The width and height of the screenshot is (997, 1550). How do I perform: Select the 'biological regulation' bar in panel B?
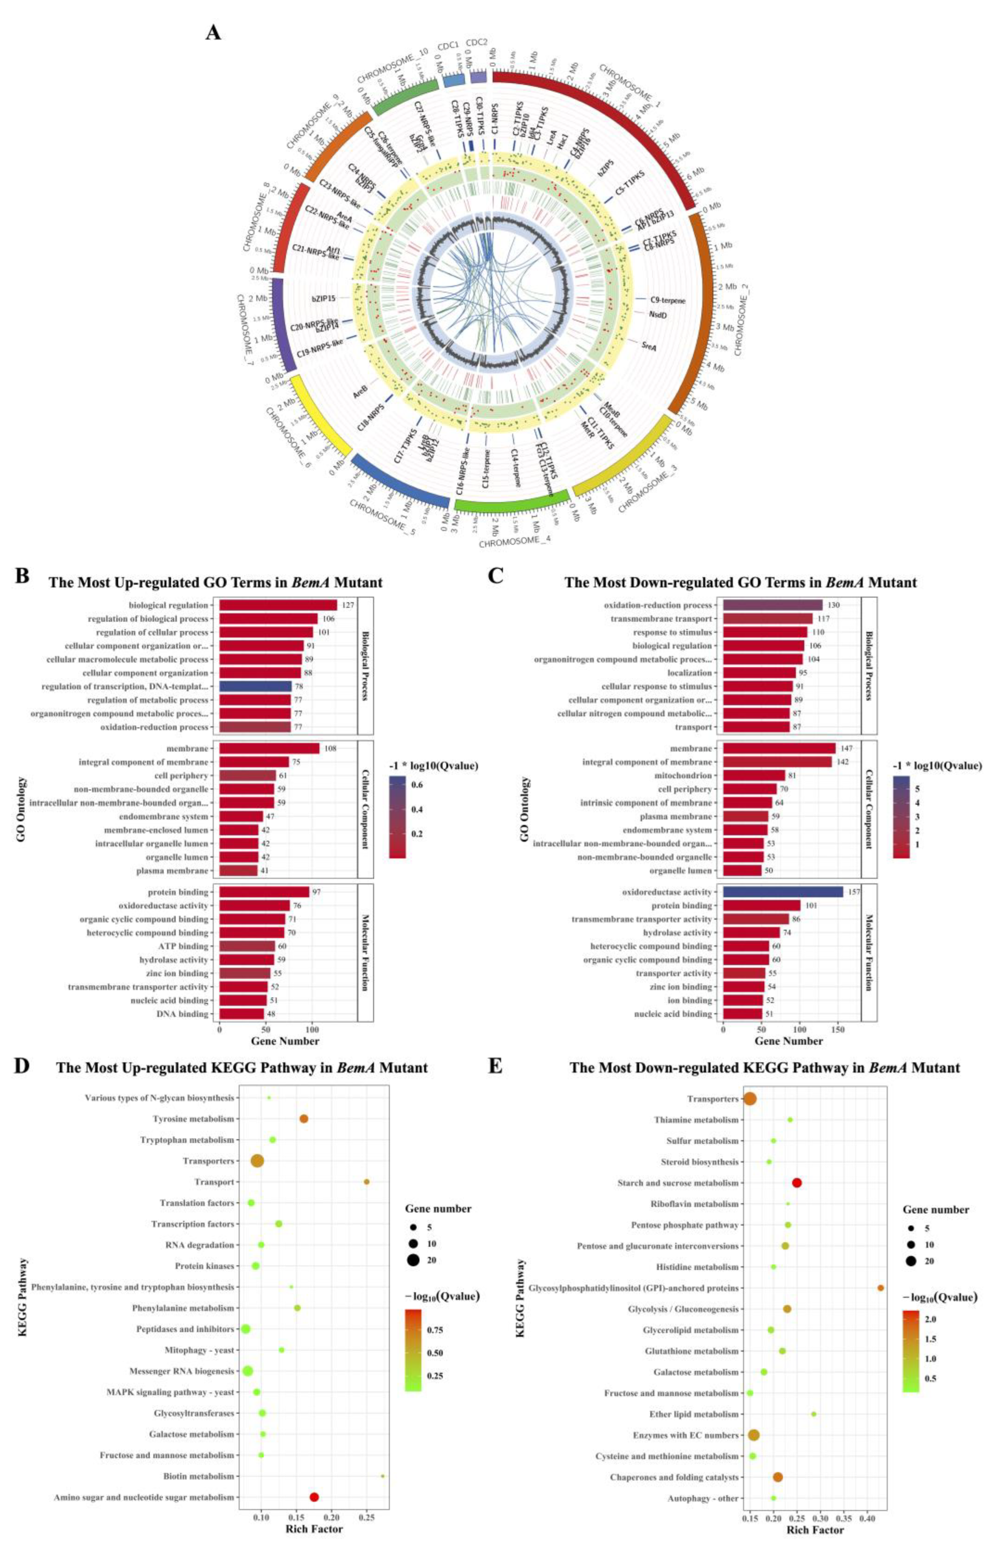[x=279, y=605]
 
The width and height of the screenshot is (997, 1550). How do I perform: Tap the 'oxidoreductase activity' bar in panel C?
[x=783, y=892]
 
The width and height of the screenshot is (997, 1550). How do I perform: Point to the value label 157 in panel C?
[x=854, y=892]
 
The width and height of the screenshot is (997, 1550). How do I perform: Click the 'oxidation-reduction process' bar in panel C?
[x=772, y=605]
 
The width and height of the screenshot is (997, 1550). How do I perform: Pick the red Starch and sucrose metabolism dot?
[x=797, y=1183]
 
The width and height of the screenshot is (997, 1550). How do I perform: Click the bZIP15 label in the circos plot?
[x=323, y=298]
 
